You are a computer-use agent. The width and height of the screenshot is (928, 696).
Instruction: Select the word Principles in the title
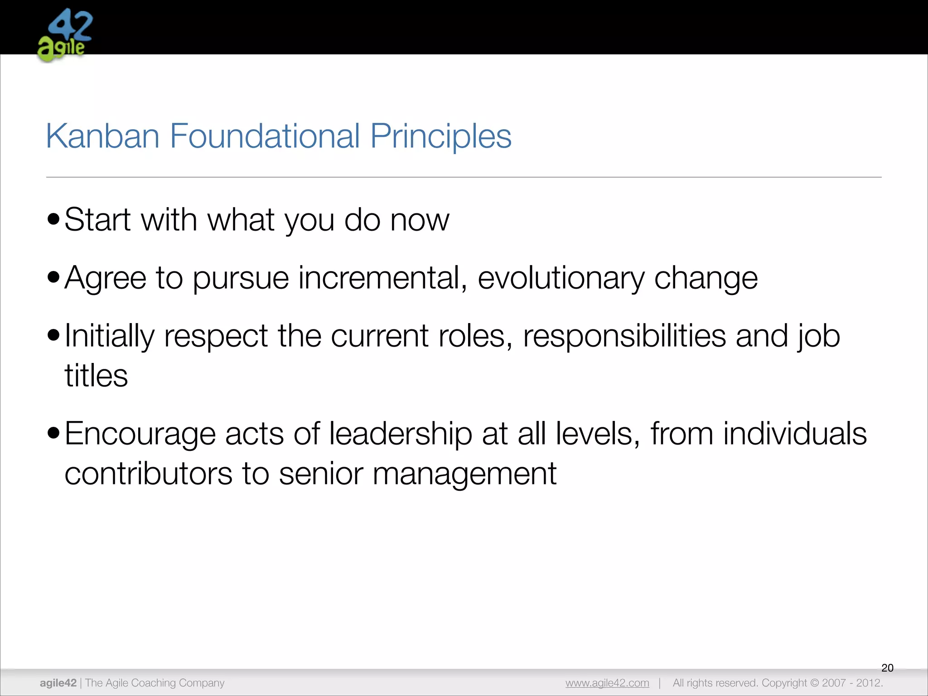(x=440, y=136)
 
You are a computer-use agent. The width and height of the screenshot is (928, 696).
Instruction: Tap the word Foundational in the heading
(x=265, y=136)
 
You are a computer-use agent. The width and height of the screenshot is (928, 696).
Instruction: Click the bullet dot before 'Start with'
(x=53, y=219)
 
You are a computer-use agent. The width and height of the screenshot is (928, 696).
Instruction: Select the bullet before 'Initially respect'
(x=53, y=335)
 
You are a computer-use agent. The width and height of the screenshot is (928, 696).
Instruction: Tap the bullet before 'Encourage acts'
(x=53, y=433)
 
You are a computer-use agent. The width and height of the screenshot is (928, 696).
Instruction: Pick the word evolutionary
(x=561, y=277)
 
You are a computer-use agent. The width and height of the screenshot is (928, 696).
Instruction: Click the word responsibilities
(x=624, y=336)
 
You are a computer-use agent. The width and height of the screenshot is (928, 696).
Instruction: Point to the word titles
(x=96, y=376)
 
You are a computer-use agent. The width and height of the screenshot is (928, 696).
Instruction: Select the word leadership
(x=400, y=434)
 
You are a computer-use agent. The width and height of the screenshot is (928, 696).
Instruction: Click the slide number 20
(x=887, y=667)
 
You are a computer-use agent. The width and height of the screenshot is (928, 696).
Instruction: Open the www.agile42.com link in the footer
(x=607, y=683)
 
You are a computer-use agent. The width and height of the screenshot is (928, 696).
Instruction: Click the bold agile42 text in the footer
(x=58, y=683)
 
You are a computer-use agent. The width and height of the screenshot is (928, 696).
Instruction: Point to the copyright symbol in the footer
(x=814, y=683)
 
